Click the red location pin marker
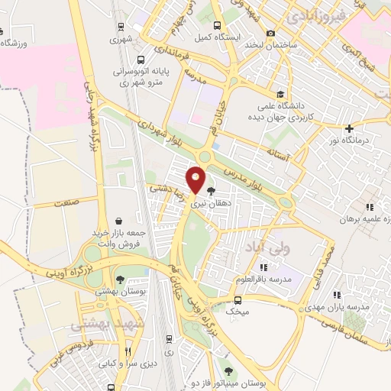pos(196,178)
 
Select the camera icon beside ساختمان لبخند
pos(271,33)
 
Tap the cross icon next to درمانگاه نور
pos(349,128)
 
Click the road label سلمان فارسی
pos(357,326)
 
